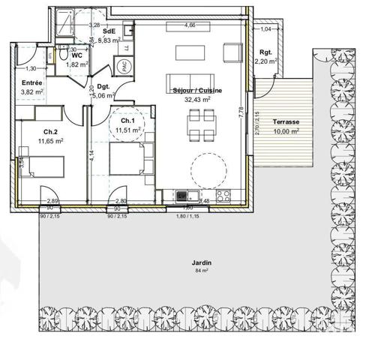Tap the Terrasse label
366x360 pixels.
pyautogui.click(x=285, y=121)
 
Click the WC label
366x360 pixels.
pyautogui.click(x=76, y=56)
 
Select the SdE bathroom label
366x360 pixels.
pyautogui.click(x=109, y=31)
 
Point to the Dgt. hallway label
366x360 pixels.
pyautogui.click(x=103, y=86)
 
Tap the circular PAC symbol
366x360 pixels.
pyautogui.click(x=124, y=66)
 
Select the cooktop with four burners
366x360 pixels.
pyautogui.click(x=223, y=196)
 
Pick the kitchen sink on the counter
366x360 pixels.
pyautogui.click(x=181, y=196)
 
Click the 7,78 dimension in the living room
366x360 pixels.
pyautogui.click(x=241, y=113)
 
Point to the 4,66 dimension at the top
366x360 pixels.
pyautogui.click(x=190, y=25)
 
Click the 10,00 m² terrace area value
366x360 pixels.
pyautogui.click(x=285, y=130)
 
